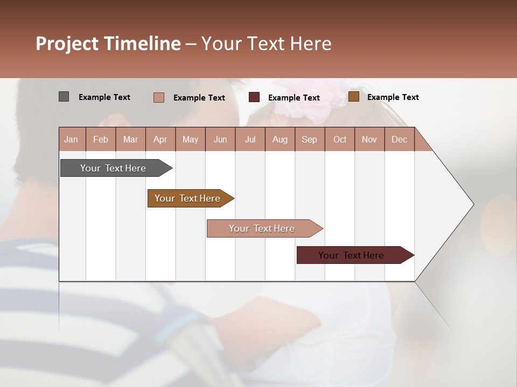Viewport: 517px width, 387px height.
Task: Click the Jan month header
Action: pyautogui.click(x=72, y=139)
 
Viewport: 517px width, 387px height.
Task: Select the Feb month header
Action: pyautogui.click(x=101, y=139)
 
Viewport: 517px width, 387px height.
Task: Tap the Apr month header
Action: pyautogui.click(x=160, y=139)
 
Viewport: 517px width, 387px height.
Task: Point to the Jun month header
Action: pyautogui.click(x=220, y=139)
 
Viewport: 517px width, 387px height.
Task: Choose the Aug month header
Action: pyautogui.click(x=280, y=139)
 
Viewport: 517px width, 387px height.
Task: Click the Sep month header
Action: pyautogui.click(x=310, y=139)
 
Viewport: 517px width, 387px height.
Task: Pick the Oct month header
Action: pyautogui.click(x=340, y=139)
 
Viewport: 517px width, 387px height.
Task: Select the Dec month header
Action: pyautogui.click(x=400, y=139)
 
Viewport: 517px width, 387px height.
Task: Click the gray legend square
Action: pyautogui.click(x=64, y=97)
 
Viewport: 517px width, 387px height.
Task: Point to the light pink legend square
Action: pyautogui.click(x=159, y=97)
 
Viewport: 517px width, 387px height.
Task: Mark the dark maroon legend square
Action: pyautogui.click(x=254, y=97)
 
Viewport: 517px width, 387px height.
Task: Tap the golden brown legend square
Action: pyautogui.click(x=354, y=97)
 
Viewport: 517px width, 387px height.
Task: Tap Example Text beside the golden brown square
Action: pyautogui.click(x=393, y=97)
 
